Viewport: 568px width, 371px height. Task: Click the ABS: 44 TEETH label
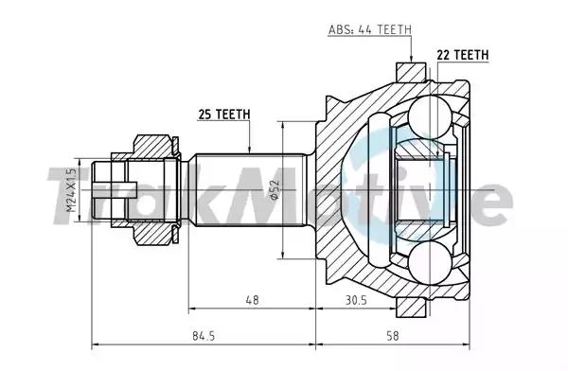(370, 29)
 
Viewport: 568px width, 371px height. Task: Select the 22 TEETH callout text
(463, 55)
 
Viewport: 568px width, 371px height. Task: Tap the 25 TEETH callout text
(224, 115)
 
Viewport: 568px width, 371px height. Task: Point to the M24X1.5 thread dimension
(71, 190)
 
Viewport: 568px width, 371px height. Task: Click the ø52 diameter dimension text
(275, 190)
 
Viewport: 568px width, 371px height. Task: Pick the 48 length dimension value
(252, 300)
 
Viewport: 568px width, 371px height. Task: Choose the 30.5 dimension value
(356, 300)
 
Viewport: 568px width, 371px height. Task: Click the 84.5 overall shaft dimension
(204, 336)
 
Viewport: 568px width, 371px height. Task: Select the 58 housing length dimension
(392, 336)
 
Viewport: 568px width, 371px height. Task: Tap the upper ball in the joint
(430, 116)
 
